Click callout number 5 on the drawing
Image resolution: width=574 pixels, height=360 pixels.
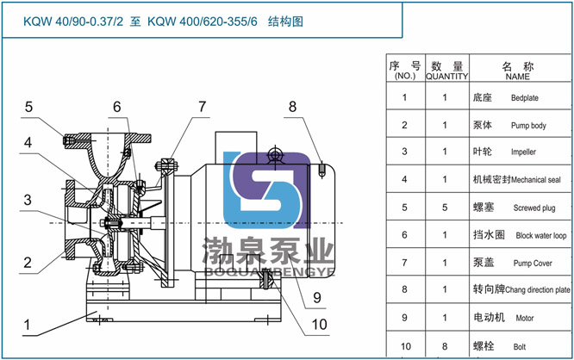28,108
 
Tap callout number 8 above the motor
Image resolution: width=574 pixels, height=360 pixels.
292,107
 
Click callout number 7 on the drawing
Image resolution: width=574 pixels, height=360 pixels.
203,107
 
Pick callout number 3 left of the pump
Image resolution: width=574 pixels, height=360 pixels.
28,200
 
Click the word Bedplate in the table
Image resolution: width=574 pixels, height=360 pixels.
524,98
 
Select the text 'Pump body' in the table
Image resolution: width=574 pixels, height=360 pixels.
527,126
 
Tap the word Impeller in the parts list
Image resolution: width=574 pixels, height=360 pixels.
523,152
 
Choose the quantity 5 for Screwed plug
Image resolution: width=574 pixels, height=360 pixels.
445,207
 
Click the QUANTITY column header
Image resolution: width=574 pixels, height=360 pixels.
446,76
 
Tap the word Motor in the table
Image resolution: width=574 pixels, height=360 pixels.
526,318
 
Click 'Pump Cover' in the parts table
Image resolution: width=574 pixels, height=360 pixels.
532,263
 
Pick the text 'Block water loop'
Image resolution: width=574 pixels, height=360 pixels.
541,235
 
